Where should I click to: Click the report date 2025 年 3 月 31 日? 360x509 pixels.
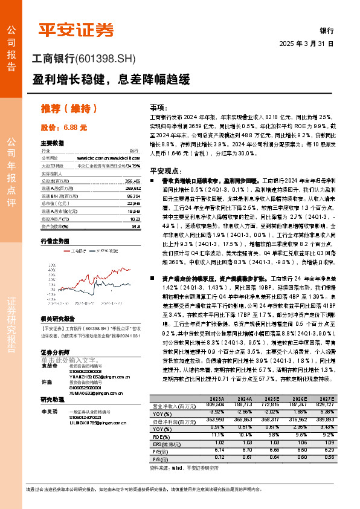(x=307, y=44)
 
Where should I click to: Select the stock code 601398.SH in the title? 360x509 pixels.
(x=108, y=59)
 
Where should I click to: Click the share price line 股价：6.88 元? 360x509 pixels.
(x=64, y=128)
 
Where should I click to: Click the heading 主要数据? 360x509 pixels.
(x=52, y=143)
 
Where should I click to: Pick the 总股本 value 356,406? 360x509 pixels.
(x=132, y=181)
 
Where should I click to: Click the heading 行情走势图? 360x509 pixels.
(x=54, y=240)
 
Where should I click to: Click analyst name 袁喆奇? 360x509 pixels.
(x=49, y=366)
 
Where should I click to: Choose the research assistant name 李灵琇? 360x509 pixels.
(x=49, y=410)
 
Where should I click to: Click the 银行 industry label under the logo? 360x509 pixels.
(x=326, y=30)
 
